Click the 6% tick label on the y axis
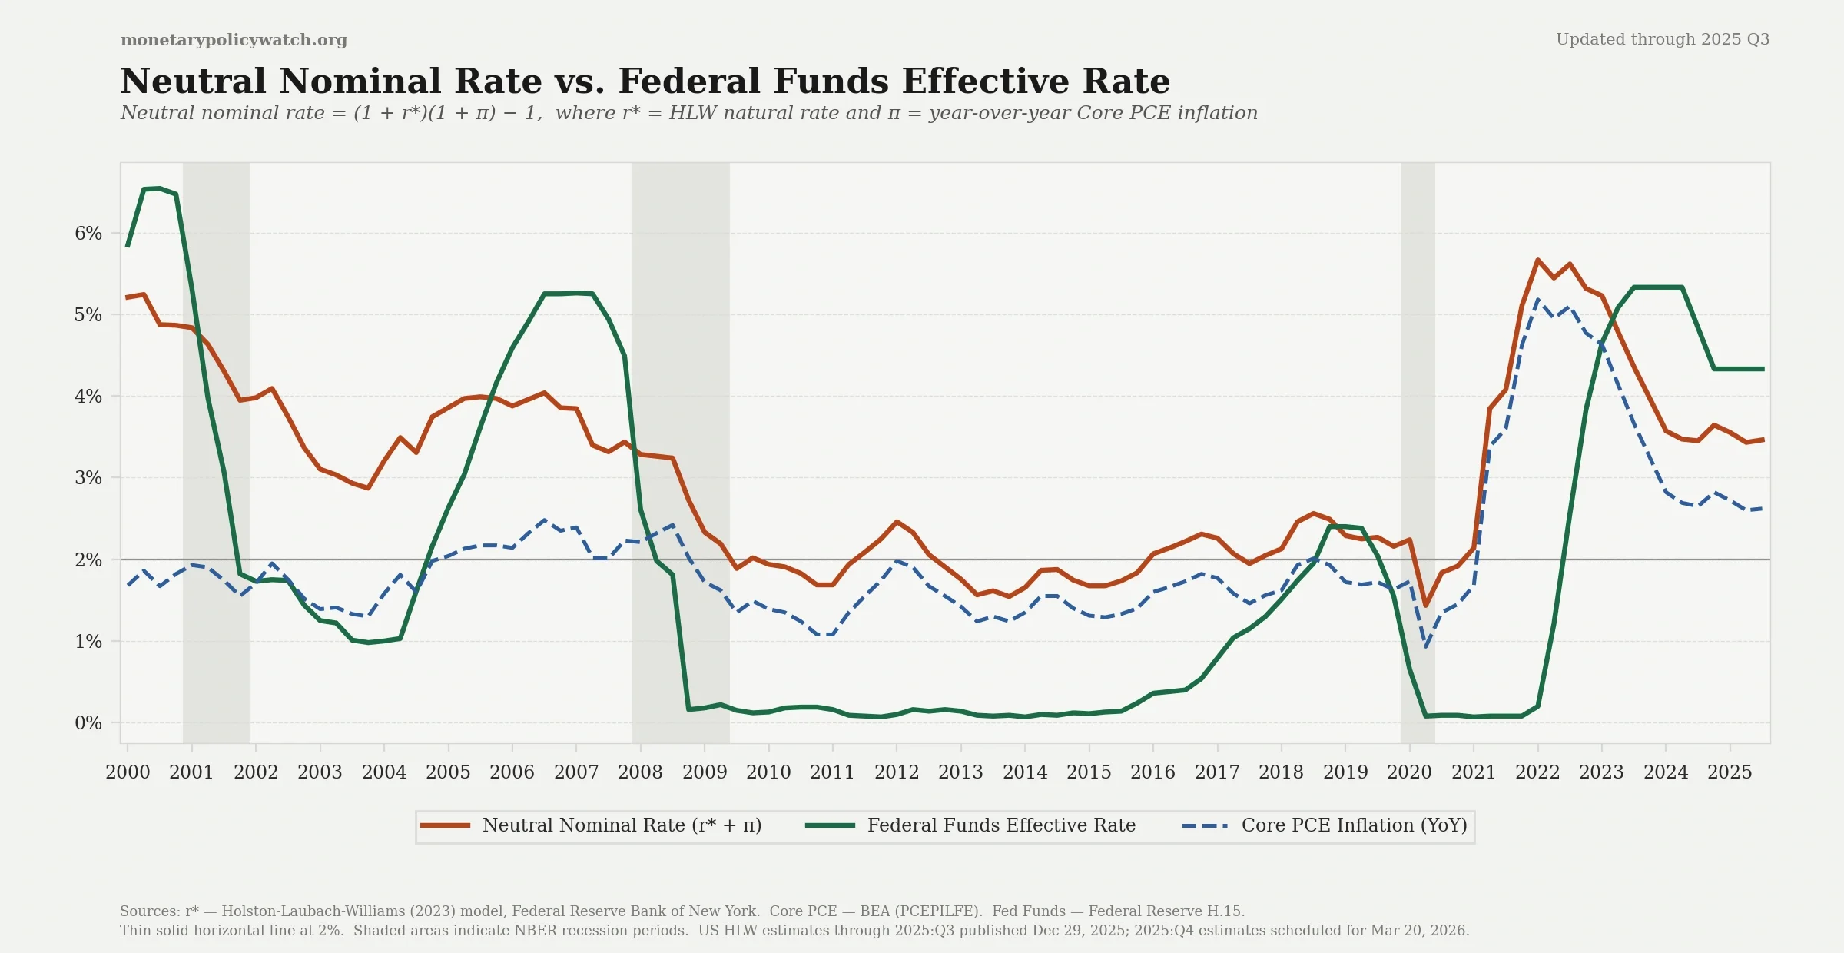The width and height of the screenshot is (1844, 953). click(x=88, y=234)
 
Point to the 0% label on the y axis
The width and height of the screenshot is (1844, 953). click(x=88, y=723)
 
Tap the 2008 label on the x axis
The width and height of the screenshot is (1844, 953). click(x=640, y=772)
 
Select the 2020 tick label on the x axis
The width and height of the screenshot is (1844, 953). click(x=1409, y=772)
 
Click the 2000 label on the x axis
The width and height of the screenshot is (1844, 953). click(x=128, y=772)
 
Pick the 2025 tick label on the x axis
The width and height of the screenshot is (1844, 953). click(x=1730, y=772)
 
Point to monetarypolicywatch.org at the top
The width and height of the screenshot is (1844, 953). click(x=234, y=40)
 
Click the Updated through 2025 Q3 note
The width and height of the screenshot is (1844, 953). click(x=1663, y=39)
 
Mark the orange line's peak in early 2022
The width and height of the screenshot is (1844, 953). click(x=1537, y=260)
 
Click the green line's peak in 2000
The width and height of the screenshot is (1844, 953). click(x=159, y=188)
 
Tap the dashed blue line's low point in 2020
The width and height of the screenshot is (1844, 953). click(x=1426, y=646)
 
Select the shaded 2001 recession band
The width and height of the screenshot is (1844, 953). click(x=216, y=461)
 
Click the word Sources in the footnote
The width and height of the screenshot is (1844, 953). click(x=149, y=911)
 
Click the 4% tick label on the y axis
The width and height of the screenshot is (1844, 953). click(x=88, y=397)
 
